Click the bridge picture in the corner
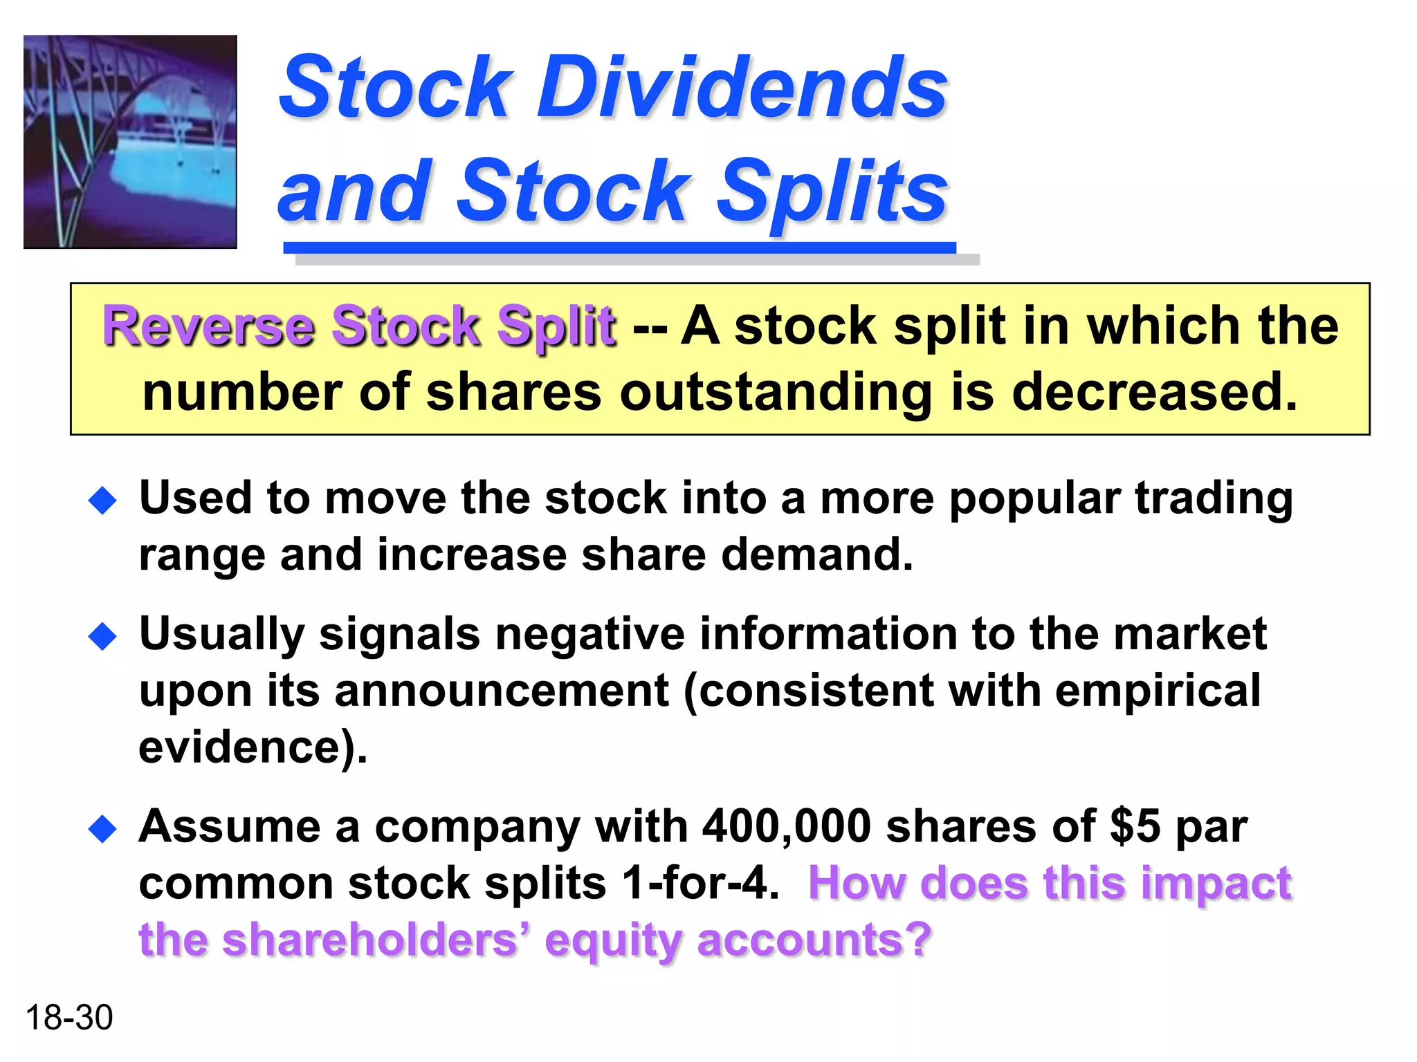coord(130,142)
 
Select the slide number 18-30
coord(68,1018)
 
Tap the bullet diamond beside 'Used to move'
coord(103,501)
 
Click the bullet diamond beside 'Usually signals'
coord(103,636)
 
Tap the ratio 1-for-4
coord(700,883)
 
